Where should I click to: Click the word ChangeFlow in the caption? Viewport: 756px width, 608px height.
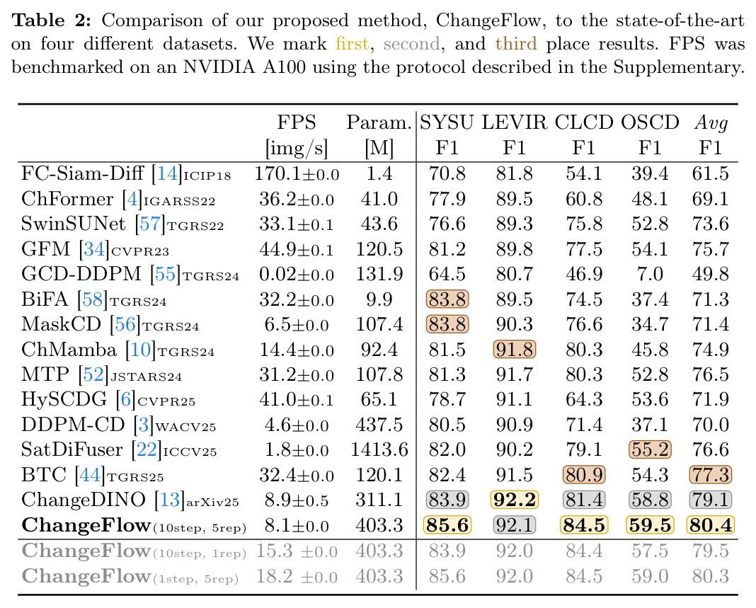pyautogui.click(x=488, y=21)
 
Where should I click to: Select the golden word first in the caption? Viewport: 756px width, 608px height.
pyautogui.click(x=353, y=44)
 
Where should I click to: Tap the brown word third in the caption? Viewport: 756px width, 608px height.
pyautogui.click(x=516, y=44)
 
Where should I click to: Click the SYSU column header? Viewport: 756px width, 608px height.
pyautogui.click(x=447, y=122)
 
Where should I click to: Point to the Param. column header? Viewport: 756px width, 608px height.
pyautogui.click(x=379, y=123)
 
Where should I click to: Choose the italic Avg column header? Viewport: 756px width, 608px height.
pyautogui.click(x=711, y=123)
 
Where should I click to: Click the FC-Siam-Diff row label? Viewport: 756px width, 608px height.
pyautogui.click(x=82, y=173)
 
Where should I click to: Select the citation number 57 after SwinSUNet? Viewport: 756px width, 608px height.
pyautogui.click(x=149, y=224)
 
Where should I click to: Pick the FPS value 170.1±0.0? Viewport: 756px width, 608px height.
pyautogui.click(x=297, y=173)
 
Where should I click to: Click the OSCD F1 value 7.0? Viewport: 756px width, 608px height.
pyautogui.click(x=650, y=274)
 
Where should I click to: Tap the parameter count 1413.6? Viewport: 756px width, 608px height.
pyautogui.click(x=379, y=450)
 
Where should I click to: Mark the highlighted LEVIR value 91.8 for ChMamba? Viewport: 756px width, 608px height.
pyautogui.click(x=515, y=350)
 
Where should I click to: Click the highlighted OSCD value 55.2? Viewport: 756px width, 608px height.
pyautogui.click(x=650, y=450)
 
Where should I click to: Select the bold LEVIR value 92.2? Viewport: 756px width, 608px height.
pyautogui.click(x=515, y=500)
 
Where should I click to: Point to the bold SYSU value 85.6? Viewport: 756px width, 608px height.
pyautogui.click(x=447, y=525)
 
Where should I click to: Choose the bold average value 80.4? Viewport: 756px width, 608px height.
pyautogui.click(x=711, y=525)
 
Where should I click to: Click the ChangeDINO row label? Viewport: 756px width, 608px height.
pyautogui.click(x=83, y=500)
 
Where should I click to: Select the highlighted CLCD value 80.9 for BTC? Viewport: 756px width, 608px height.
pyautogui.click(x=584, y=475)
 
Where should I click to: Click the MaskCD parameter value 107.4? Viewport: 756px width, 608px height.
pyautogui.click(x=379, y=324)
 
